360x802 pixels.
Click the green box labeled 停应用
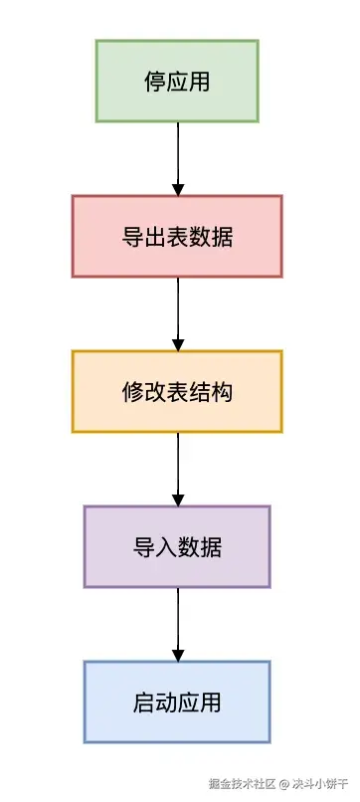177,81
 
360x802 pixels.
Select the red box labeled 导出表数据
177,236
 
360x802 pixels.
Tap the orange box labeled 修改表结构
177,391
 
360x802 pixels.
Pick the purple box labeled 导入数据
177,546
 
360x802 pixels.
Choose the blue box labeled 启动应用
177,702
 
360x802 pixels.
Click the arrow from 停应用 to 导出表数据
178,158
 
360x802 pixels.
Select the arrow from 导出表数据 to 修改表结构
178,313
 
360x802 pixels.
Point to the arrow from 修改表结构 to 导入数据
178,469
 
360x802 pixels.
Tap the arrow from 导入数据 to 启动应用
178,624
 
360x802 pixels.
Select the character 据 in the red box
223,237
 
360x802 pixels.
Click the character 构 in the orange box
223,392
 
